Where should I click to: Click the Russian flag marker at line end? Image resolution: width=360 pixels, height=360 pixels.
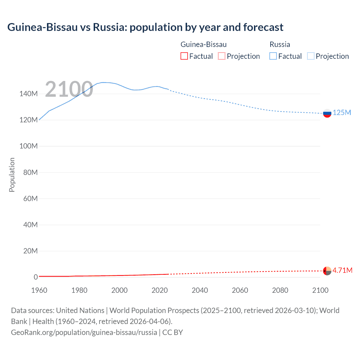pos(327,113)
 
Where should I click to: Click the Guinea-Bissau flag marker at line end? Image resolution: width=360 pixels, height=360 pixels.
pos(327,271)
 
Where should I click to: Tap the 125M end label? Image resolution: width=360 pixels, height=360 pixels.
pos(342,113)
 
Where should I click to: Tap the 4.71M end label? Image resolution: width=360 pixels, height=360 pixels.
pos(342,270)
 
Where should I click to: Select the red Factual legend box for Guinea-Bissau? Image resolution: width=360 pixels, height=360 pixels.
pos(184,56)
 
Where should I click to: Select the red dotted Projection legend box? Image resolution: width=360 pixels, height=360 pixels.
pos(222,56)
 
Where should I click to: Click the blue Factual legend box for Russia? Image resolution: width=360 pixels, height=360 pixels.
pos(273,56)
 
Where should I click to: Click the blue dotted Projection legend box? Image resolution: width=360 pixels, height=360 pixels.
pos(311,56)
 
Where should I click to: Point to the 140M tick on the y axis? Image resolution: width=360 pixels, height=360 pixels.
pos(28,94)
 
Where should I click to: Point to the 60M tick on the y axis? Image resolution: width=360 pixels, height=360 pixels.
pos(30,199)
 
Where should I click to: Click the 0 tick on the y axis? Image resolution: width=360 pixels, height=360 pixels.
pos(36,277)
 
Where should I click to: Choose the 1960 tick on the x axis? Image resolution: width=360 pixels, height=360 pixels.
pos(39,290)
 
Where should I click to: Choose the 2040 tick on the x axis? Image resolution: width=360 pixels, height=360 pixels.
pos(200,290)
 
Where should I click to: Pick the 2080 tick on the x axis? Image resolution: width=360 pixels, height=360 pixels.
pos(280,290)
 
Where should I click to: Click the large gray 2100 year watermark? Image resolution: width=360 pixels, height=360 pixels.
pos(69,89)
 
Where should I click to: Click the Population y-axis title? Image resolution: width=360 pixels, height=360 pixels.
pos(12,175)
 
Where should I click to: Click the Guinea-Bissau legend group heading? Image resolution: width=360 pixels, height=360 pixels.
pos(203,44)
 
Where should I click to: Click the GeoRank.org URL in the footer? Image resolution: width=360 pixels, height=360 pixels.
pos(84,332)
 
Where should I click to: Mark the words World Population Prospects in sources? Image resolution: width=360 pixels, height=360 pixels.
pos(154,310)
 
